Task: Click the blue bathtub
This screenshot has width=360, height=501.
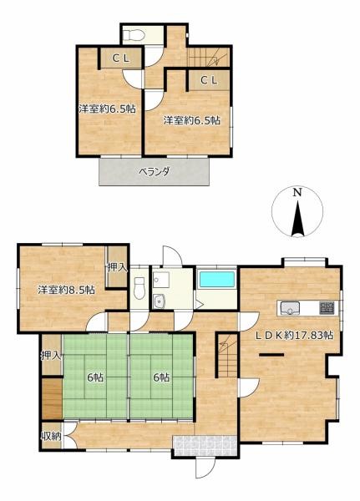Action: coord(217,280)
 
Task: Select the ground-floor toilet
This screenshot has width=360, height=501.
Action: coord(139,288)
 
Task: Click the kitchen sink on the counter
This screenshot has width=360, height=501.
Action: coord(290,308)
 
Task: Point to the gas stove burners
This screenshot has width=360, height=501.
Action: coord(327,307)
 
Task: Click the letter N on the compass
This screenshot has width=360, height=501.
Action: coord(297,193)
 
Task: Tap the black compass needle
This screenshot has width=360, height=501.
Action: coord(297,218)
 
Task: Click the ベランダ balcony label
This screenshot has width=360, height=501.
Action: coord(154,171)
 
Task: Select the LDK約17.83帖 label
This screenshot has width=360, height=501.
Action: coord(294,335)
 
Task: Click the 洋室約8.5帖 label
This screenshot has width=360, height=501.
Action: coord(66,290)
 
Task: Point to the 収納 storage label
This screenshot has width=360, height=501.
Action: coord(51,436)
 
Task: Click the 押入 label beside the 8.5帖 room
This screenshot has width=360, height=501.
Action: coord(117,267)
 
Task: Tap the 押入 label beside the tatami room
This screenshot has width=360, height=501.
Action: coord(51,356)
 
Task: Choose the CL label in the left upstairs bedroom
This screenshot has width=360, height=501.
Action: coord(121,58)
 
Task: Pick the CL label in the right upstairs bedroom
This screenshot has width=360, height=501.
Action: coord(209,80)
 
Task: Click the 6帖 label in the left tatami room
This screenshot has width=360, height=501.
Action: coord(95,377)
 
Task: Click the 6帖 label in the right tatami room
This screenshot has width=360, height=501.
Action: coord(161,377)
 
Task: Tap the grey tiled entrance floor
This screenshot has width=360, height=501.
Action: coord(205,446)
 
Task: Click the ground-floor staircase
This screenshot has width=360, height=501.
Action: coord(227,356)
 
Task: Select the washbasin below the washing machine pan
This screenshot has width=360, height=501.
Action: coord(158,301)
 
